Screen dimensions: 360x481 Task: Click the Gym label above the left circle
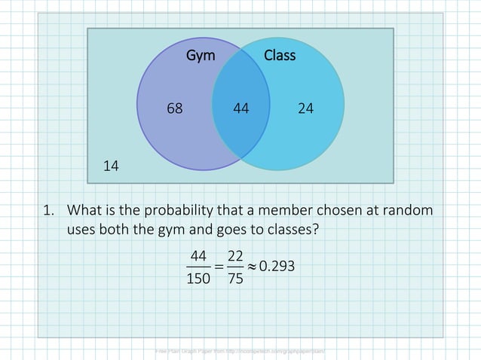click(x=201, y=56)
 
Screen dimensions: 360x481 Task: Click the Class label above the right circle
click(x=280, y=56)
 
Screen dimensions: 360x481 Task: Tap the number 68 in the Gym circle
click(x=174, y=108)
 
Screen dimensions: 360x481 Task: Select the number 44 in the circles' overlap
click(x=241, y=108)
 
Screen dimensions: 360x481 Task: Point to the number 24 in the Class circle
click(x=305, y=108)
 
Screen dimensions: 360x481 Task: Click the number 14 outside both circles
click(x=111, y=165)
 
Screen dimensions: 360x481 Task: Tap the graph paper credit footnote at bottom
click(x=240, y=351)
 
